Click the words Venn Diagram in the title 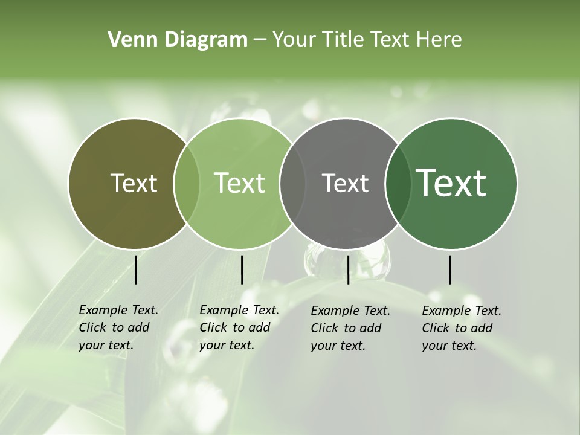pyautogui.click(x=178, y=40)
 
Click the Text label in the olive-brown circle pyautogui.click(x=134, y=183)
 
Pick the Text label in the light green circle pyautogui.click(x=240, y=183)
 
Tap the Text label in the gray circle pyautogui.click(x=345, y=183)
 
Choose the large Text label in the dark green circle pyautogui.click(x=451, y=183)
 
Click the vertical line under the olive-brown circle pyautogui.click(x=136, y=269)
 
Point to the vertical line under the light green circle pyautogui.click(x=242, y=269)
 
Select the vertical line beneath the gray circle pyautogui.click(x=348, y=269)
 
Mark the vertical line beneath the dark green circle pyautogui.click(x=450, y=269)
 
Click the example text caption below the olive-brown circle pyautogui.click(x=118, y=327)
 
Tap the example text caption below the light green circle pyautogui.click(x=239, y=327)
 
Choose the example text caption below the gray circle pyautogui.click(x=350, y=328)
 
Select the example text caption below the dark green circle pyautogui.click(x=462, y=328)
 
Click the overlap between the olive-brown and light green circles pyautogui.click(x=187, y=183)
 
